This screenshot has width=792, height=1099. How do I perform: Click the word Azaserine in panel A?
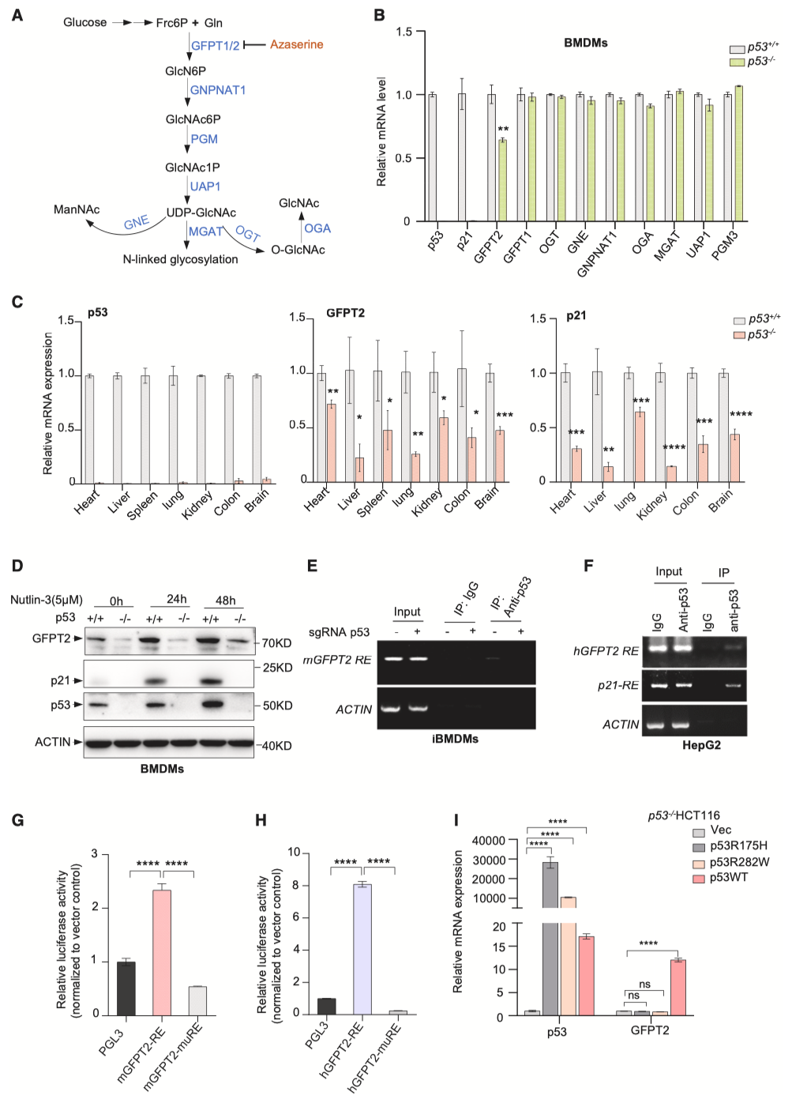click(x=296, y=45)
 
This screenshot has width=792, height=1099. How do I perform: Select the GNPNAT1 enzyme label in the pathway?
click(x=218, y=90)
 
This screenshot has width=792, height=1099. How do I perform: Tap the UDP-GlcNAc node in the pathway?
click(x=201, y=213)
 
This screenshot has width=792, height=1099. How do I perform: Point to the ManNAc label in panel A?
click(x=77, y=209)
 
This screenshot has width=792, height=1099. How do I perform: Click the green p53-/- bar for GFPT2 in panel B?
click(x=502, y=180)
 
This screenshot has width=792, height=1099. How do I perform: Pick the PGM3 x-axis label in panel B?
click(x=725, y=246)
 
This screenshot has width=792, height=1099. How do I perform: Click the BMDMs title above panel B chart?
click(x=585, y=43)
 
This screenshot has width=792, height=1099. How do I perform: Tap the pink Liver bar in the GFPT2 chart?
click(x=359, y=469)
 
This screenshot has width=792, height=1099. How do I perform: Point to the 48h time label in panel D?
click(x=225, y=600)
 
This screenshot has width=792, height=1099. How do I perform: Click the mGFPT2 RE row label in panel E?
click(x=337, y=660)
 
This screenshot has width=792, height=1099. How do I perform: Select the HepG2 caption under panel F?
click(x=701, y=745)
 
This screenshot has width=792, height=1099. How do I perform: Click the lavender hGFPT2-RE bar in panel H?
click(x=362, y=949)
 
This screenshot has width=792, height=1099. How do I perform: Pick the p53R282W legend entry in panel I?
click(x=739, y=862)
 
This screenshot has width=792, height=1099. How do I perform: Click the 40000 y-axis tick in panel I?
click(x=489, y=841)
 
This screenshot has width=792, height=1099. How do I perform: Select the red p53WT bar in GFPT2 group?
click(x=678, y=987)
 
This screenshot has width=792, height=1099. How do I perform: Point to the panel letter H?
click(x=261, y=820)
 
